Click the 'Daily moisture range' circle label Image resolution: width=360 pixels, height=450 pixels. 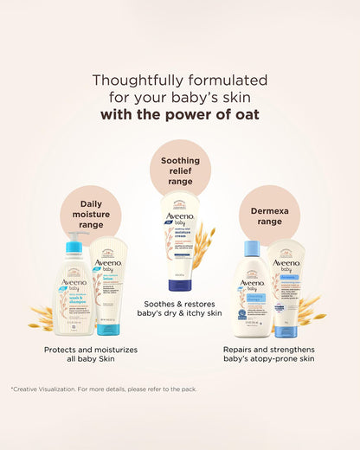tap(91, 212)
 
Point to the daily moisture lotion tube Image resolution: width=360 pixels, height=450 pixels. tap(109, 286)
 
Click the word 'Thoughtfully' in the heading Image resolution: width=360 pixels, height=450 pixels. tap(131, 80)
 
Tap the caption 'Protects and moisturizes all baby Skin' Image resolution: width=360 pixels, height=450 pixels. tap(91, 356)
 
